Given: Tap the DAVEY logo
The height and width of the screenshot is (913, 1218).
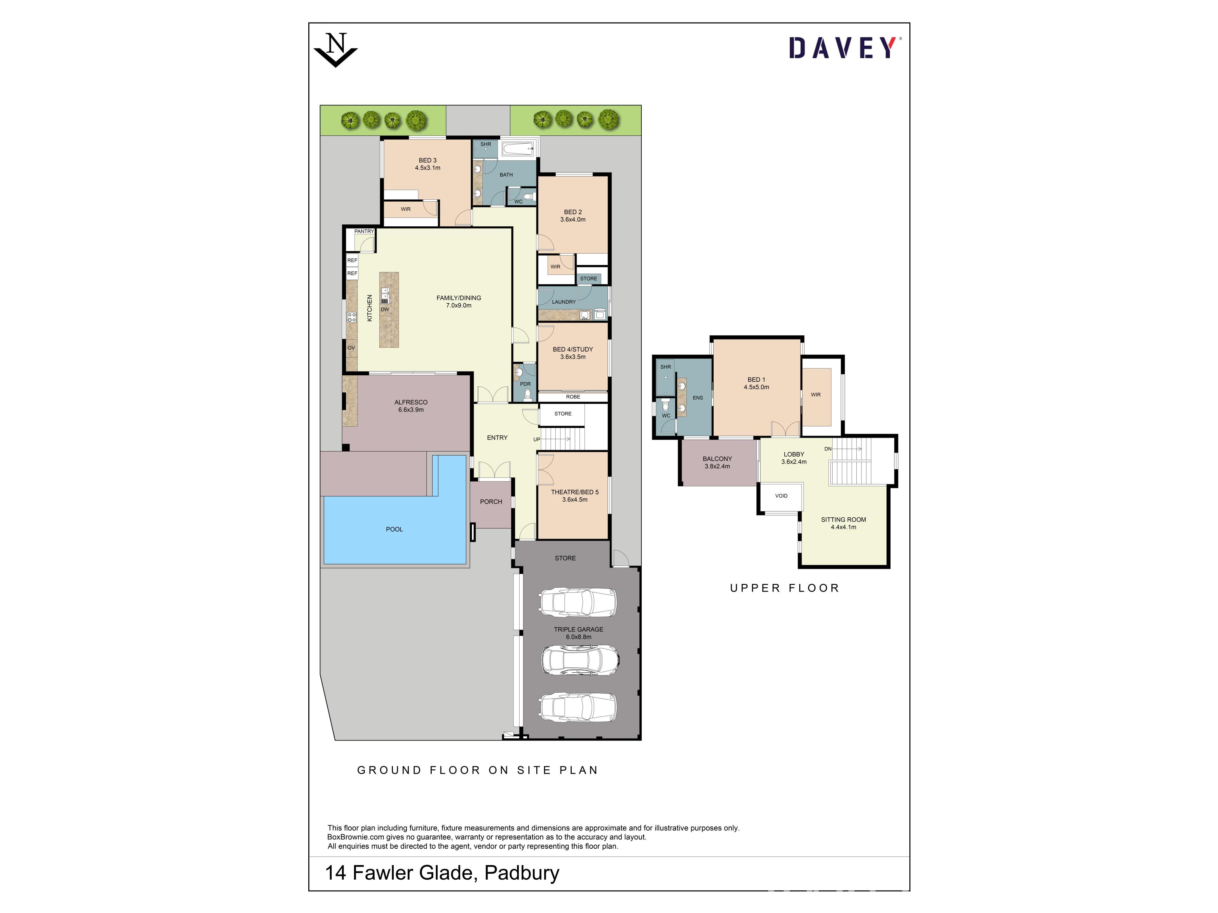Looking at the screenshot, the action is [842, 48].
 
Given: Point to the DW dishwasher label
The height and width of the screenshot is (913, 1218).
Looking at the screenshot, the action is [385, 310].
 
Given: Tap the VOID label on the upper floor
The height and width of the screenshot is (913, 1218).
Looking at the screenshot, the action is [781, 496].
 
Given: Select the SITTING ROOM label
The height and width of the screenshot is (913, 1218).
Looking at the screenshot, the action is [844, 520].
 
